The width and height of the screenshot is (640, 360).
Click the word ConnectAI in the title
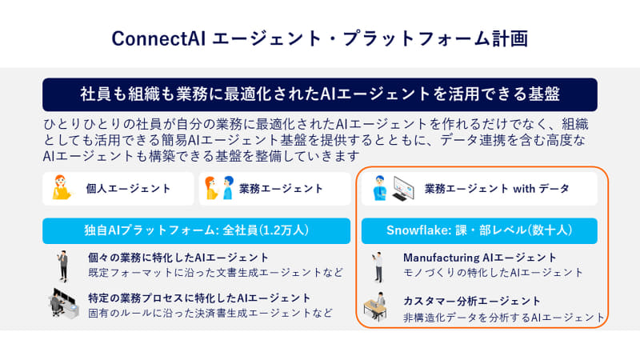158,38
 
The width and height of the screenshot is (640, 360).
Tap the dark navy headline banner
319,94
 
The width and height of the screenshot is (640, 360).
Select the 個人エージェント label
128,189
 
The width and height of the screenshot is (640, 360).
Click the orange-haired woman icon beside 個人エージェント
62,187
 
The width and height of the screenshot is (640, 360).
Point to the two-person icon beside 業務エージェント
219,188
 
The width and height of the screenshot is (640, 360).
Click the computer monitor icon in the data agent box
403,188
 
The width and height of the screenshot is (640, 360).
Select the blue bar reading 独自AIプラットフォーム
196,230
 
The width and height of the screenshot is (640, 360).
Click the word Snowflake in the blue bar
417,230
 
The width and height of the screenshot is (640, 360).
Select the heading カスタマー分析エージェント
472,301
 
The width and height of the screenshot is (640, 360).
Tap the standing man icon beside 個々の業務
63,266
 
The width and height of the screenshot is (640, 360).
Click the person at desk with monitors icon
64,303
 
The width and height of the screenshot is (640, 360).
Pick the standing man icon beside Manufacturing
378,267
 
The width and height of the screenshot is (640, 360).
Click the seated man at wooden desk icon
375,306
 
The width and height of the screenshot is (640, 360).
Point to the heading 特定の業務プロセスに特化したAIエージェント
199,298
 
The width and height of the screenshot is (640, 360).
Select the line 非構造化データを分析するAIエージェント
504,317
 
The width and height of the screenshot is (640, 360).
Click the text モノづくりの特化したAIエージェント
493,272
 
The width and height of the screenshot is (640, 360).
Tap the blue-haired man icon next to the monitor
379,188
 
